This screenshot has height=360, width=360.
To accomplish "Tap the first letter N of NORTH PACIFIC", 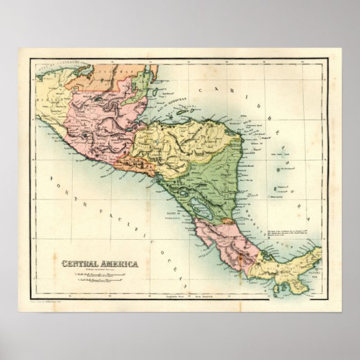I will [52, 180].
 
